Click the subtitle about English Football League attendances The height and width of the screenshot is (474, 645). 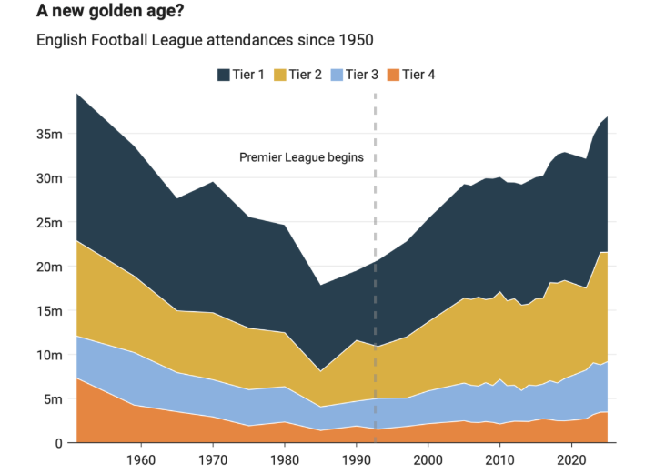pyautogui.click(x=204, y=41)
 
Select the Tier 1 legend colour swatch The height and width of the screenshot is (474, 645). pyautogui.click(x=224, y=75)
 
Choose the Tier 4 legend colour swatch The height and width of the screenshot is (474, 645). pyautogui.click(x=393, y=75)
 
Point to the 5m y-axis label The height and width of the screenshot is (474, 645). pyautogui.click(x=51, y=399)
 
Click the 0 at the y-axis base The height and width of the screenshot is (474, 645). pyautogui.click(x=57, y=443)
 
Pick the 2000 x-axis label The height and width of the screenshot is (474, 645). pyautogui.click(x=428, y=461)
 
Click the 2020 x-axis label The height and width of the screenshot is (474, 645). pyautogui.click(x=571, y=461)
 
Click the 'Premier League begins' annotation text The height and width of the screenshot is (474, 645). pyautogui.click(x=301, y=157)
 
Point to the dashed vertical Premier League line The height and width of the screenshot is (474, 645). pyautogui.click(x=375, y=273)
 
